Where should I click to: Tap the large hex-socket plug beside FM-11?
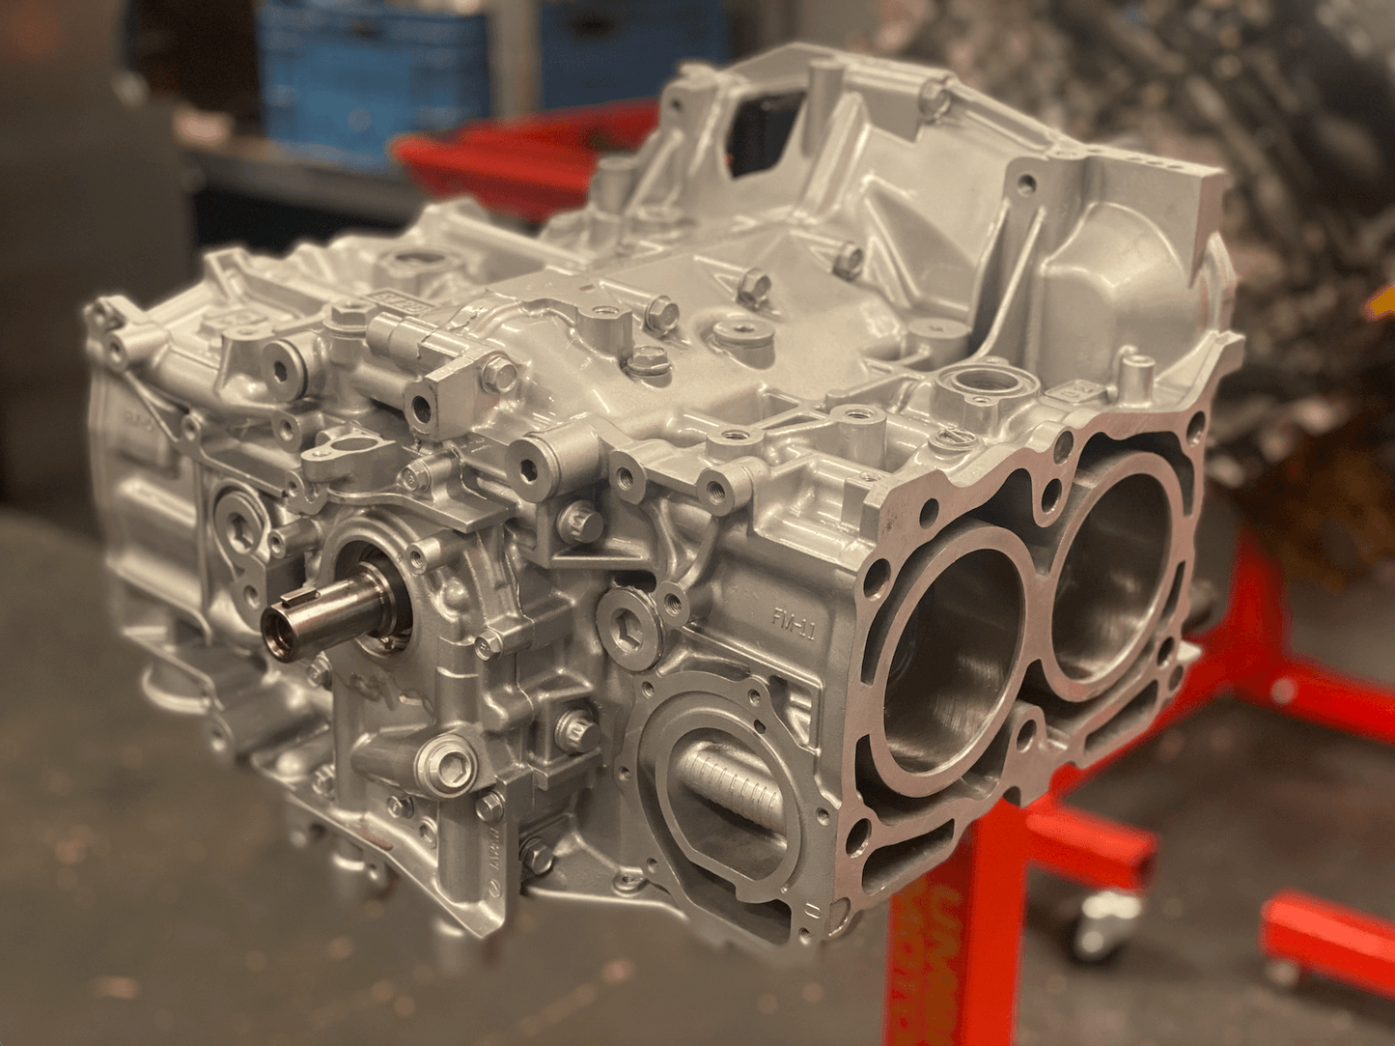(x=630, y=617)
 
